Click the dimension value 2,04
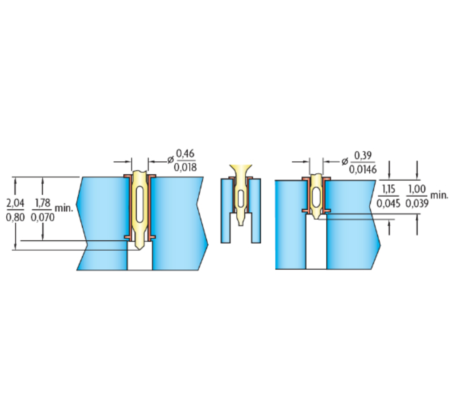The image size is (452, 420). point(15,203)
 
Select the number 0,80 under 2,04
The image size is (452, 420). point(15,218)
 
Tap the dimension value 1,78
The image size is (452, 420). point(43,203)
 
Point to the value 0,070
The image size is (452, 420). point(43,218)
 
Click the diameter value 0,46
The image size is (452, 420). point(185,154)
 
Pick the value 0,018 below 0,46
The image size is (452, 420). point(185,168)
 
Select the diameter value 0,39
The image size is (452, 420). point(363,156)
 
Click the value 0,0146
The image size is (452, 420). point(363,170)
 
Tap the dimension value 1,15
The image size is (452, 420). point(388,190)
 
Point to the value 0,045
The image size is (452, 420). point(388,204)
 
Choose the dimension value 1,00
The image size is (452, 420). point(417,190)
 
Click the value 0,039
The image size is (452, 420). point(417,204)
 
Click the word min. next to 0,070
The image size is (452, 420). point(64,208)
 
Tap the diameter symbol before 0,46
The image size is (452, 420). point(171,160)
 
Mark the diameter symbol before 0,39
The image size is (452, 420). point(345,162)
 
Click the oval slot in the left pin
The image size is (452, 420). point(140,204)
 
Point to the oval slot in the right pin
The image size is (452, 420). point(316,197)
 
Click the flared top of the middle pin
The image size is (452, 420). point(241,169)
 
